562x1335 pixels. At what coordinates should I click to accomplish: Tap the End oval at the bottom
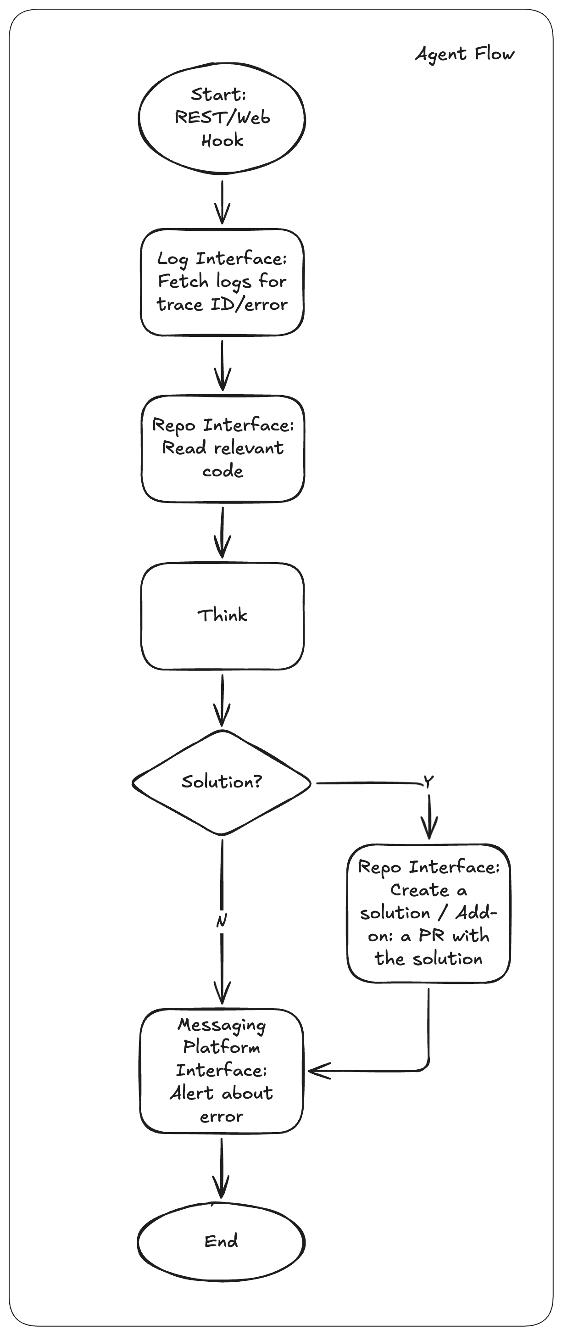[x=221, y=1241]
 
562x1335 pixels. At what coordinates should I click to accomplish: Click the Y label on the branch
[x=428, y=782]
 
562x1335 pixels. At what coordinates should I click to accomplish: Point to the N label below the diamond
[x=221, y=921]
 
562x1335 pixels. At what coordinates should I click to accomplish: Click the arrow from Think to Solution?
[x=222, y=700]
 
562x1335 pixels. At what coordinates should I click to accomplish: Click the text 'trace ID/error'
[x=222, y=304]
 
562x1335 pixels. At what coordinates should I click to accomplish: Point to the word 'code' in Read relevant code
[x=222, y=471]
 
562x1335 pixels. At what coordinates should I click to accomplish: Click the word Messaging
[x=222, y=1025]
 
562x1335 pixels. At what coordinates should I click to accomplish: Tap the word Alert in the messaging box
[x=192, y=1093]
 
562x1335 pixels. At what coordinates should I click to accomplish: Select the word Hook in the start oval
[x=222, y=140]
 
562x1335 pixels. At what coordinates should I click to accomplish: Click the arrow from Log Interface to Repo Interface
[x=222, y=365]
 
